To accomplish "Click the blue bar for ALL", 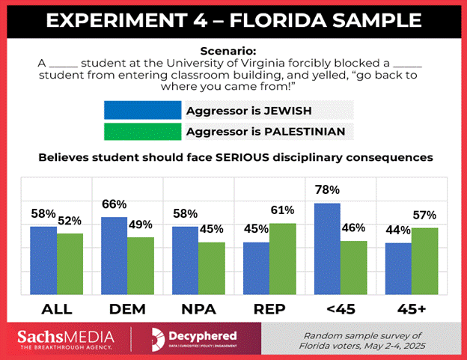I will click(43, 258).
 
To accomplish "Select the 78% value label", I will click(327, 190).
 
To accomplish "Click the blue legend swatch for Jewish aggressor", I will click(143, 111).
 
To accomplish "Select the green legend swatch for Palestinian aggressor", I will click(143, 132).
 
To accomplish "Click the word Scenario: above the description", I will click(233, 51).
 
